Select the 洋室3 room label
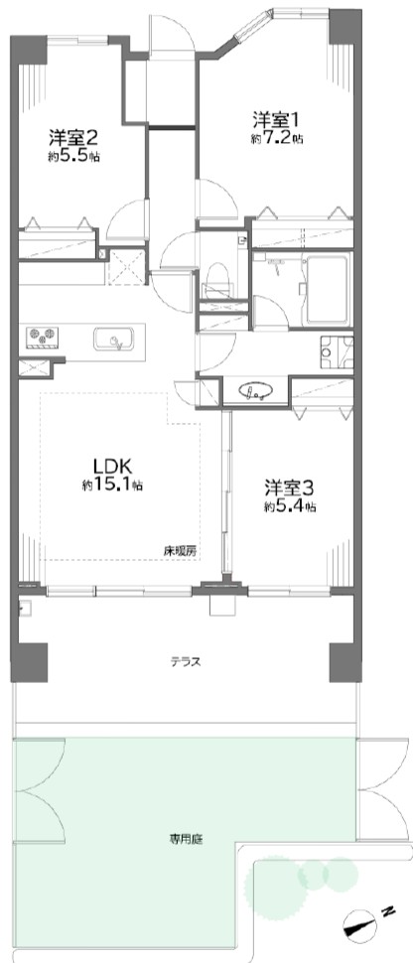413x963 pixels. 291,488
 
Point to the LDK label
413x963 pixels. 113,465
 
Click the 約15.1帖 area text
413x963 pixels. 113,485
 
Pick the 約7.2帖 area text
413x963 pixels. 277,139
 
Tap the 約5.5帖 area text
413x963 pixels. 74,157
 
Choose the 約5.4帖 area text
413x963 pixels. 291,508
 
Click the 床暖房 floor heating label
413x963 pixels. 180,551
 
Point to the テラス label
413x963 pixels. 187,662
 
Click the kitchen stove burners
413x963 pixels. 42,337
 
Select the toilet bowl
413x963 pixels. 216,276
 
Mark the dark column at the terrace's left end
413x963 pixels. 29,662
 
